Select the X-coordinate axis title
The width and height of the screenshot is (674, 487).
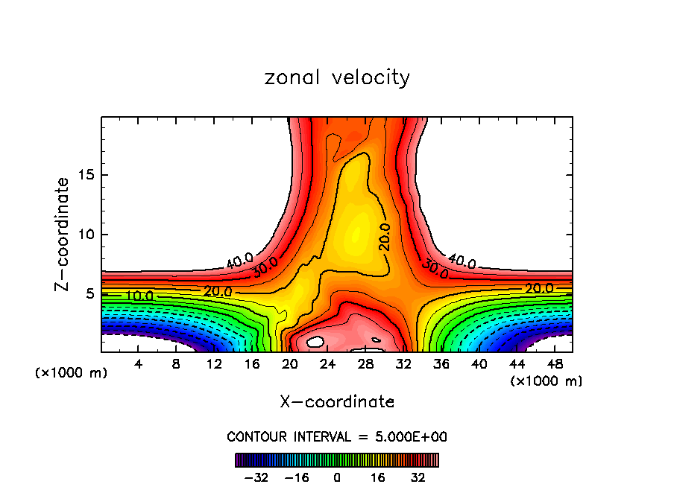337,402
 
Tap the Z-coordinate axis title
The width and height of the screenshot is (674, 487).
63,234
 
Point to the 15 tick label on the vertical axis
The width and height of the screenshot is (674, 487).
84,175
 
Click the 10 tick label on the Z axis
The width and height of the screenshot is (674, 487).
84,235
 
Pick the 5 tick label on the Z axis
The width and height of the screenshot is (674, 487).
88,294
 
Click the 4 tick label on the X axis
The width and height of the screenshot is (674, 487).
138,364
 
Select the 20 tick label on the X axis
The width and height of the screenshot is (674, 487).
290,364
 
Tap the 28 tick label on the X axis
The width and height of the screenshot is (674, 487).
365,364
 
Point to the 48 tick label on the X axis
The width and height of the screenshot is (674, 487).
555,364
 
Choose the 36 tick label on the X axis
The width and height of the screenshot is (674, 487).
441,364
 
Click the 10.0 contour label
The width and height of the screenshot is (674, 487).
139,296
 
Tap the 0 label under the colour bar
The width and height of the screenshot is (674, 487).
337,476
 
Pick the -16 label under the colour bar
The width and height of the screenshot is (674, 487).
296,476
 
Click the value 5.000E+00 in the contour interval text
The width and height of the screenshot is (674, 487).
409,436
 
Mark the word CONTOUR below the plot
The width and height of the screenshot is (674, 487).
253,436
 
